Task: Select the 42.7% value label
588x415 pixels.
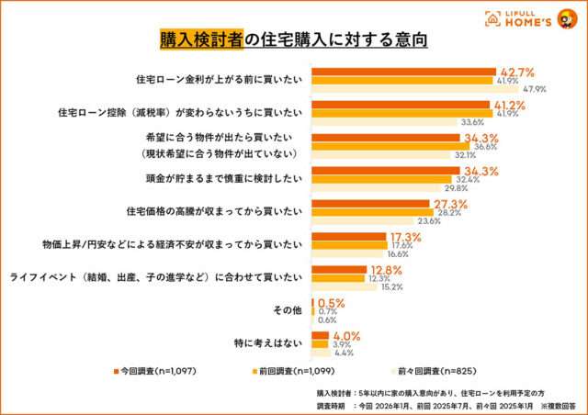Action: click(517, 71)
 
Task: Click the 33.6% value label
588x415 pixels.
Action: click(472, 122)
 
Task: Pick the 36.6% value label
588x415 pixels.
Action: click(485, 147)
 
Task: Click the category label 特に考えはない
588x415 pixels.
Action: click(268, 343)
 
